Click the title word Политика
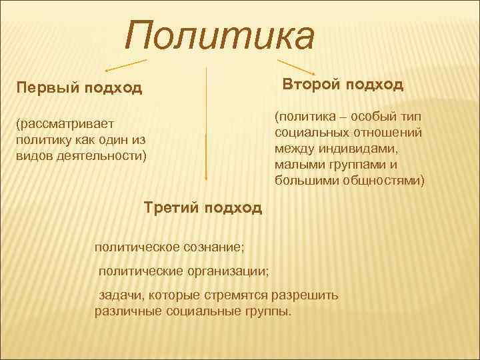coord(219,36)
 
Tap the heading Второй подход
coord(343,85)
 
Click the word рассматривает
coord(67,123)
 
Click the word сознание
coord(213,247)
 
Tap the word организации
coord(225,271)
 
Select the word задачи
coord(122,295)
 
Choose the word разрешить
coord(306,295)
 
